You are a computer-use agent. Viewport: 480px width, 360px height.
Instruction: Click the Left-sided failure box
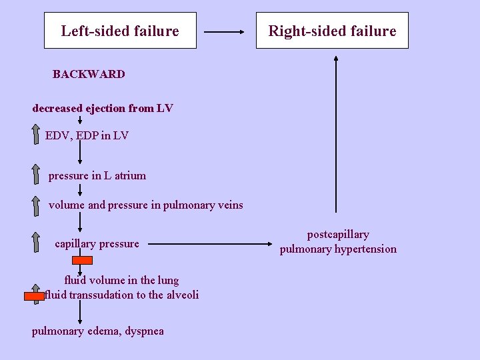120,31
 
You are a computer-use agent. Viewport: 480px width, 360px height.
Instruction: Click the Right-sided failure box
332,31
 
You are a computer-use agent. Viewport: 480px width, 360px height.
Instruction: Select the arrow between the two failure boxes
226,31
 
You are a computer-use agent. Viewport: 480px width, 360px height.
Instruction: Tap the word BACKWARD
89,74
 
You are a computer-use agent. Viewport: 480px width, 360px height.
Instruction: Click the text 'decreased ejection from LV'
103,108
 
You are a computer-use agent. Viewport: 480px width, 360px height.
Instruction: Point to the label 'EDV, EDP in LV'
87,136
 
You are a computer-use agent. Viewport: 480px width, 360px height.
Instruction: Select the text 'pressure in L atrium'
97,176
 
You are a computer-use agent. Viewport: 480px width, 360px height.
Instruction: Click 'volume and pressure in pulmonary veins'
145,205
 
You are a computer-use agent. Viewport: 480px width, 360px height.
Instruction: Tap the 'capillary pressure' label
97,244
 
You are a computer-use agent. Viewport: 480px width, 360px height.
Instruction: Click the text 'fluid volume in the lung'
121,280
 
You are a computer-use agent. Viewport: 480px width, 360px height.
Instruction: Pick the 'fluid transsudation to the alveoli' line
121,295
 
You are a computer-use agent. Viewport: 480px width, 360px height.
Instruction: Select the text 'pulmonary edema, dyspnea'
98,331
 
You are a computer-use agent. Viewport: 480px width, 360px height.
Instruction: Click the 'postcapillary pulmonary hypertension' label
338,242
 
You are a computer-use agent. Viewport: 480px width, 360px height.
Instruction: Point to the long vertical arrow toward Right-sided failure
336,133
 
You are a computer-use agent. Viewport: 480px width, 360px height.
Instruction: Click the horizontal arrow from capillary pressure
213,244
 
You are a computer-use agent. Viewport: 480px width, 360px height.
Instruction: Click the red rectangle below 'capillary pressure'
83,261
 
